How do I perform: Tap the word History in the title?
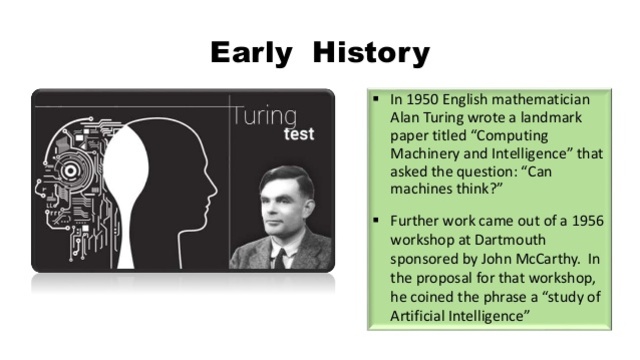tap(370, 51)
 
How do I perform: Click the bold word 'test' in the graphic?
tap(299, 134)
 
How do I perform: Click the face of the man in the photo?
tap(289, 201)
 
